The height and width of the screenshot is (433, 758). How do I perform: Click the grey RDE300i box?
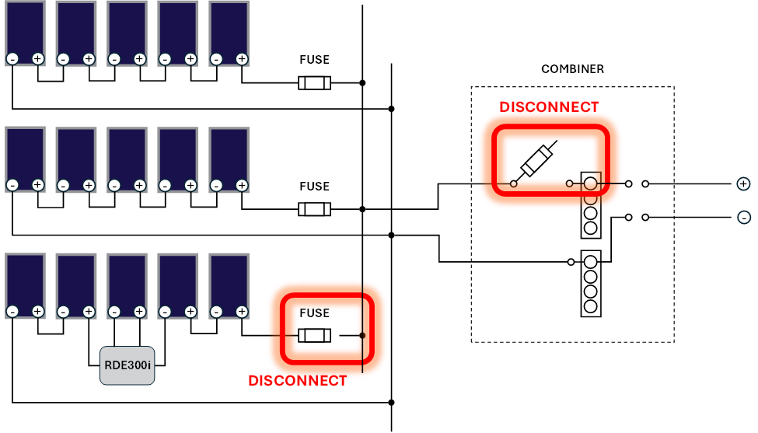pos(127,365)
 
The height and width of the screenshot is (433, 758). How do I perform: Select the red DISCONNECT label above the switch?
pos(549,107)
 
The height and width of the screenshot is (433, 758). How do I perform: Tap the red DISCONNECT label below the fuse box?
pos(297,381)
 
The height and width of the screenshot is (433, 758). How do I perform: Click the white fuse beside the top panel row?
pos(314,83)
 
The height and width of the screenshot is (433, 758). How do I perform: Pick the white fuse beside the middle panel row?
pos(314,209)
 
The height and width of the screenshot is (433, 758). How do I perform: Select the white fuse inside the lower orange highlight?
pos(314,336)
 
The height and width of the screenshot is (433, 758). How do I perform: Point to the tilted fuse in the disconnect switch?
pos(536,161)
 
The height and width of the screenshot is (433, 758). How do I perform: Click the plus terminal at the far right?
pos(743,184)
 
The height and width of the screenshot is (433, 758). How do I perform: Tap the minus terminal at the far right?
pos(744,218)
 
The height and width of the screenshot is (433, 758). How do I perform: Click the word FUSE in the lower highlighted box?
pos(315,313)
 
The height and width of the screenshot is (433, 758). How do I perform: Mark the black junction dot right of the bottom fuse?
pos(362,336)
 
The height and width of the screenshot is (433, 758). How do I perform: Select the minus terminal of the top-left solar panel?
pos(12,59)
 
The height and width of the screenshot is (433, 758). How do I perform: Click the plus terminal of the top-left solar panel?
pos(37,59)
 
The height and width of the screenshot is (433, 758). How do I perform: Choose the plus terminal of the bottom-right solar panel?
pos(242,312)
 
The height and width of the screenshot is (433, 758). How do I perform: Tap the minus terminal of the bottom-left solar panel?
pos(12,312)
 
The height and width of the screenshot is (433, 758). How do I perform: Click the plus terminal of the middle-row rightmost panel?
pos(242,185)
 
